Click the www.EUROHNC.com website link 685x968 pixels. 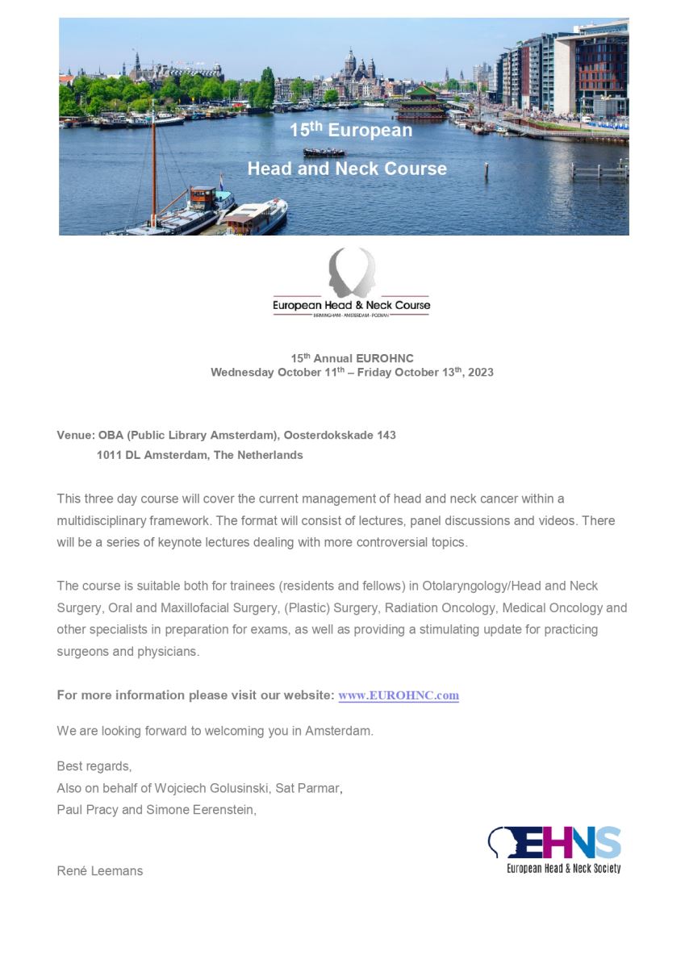399,695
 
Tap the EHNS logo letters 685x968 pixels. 556,843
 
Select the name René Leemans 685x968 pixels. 100,870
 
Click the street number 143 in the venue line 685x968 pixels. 386,435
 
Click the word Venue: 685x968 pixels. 76,435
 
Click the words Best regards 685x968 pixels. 94,766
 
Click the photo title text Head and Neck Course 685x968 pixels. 347,169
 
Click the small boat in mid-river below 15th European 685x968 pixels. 324,152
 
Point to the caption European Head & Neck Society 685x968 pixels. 563,868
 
